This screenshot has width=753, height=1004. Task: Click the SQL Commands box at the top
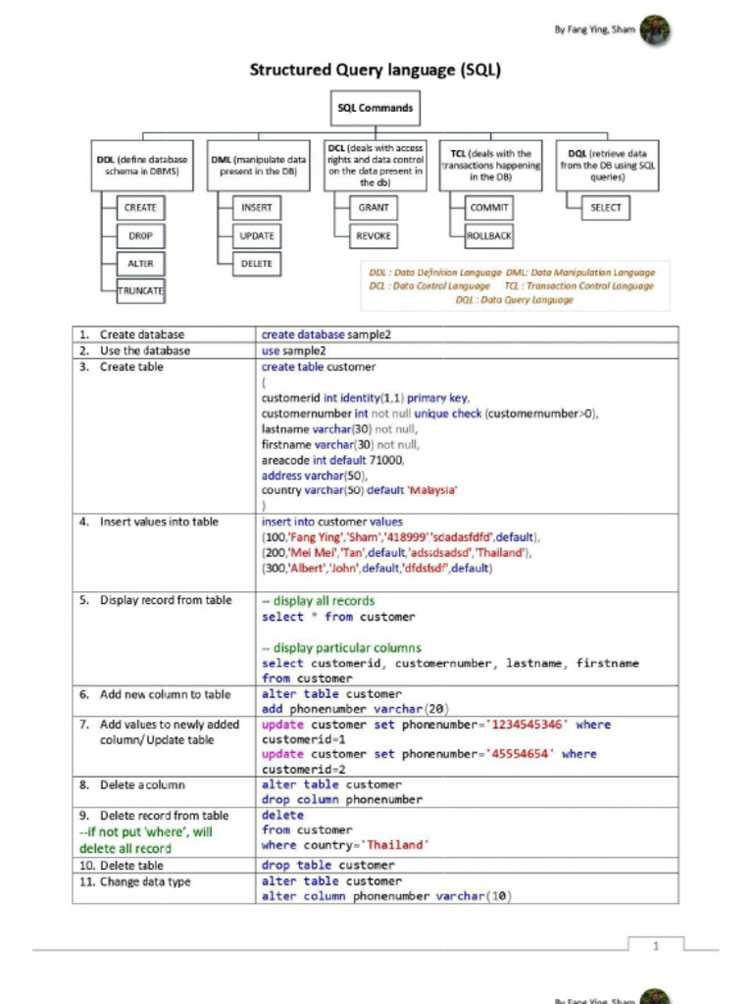tap(375, 108)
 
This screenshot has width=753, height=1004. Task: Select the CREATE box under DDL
tap(140, 208)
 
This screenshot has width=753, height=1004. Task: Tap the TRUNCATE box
tap(140, 291)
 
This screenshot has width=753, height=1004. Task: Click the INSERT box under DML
tap(257, 208)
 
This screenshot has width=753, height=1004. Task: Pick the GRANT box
tap(374, 208)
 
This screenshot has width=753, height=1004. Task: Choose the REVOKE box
tap(374, 236)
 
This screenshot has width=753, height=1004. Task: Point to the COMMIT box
tap(489, 208)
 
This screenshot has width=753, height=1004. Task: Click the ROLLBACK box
tap(489, 236)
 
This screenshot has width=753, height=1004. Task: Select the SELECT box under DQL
tap(606, 208)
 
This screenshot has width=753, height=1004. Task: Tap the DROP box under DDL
tap(140, 236)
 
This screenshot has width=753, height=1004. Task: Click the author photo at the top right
tap(655, 30)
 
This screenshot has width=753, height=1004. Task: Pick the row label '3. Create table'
tap(131, 367)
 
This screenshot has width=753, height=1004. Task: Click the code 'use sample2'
tap(294, 351)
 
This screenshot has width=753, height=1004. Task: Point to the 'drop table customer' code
tap(327, 866)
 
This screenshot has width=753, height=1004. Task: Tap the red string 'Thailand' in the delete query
tap(397, 845)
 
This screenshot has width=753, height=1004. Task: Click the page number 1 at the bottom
tap(656, 945)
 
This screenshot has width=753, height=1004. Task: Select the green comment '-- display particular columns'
tap(341, 648)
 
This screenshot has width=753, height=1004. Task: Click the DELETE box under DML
tap(257, 264)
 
